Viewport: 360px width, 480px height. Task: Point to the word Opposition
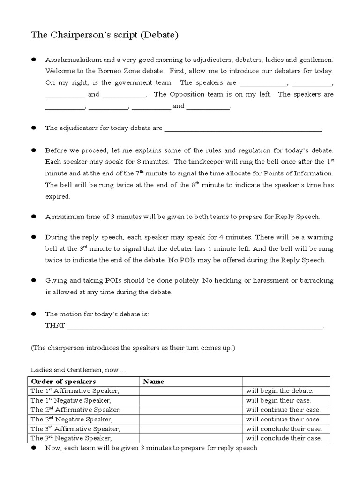(x=191, y=94)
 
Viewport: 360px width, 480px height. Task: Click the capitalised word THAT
(x=55, y=326)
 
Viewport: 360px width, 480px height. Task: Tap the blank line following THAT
(x=195, y=327)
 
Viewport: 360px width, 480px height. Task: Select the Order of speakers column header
(x=63, y=382)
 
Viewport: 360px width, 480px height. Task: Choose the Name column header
(x=153, y=382)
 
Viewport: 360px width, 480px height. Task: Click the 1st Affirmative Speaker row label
(x=75, y=390)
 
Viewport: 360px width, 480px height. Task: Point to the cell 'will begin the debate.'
(x=279, y=390)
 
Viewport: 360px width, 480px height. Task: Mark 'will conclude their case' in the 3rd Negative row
(x=284, y=438)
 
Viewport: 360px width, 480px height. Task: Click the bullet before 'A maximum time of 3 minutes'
(x=34, y=217)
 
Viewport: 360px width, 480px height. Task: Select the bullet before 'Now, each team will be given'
(x=34, y=448)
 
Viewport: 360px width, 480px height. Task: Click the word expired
(x=57, y=197)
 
